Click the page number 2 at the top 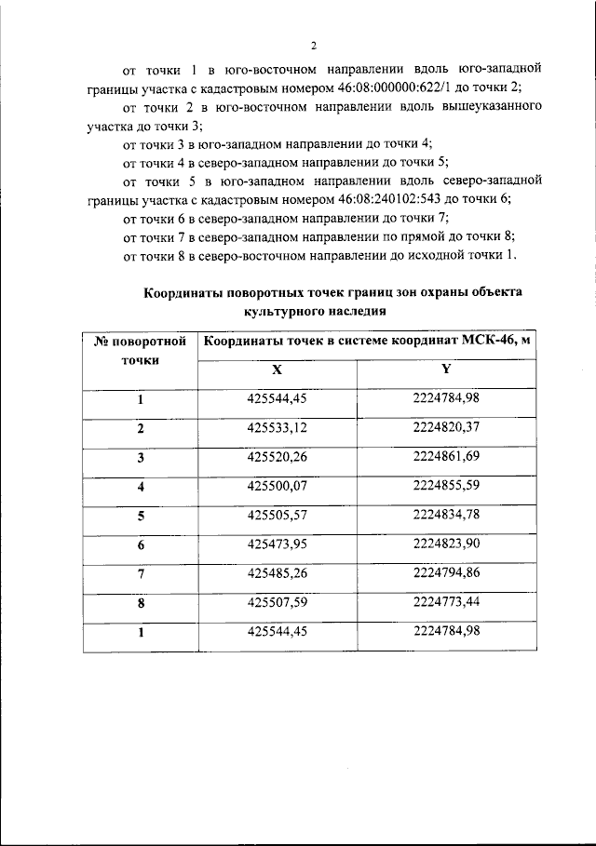[x=314, y=46]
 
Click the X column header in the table [x=277, y=369]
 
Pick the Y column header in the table [x=446, y=369]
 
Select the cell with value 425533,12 [x=277, y=428]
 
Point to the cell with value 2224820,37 [x=446, y=428]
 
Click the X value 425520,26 [x=277, y=457]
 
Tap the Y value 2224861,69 [x=446, y=457]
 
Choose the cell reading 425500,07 [x=277, y=486]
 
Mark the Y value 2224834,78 [x=446, y=515]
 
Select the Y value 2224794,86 [x=446, y=572]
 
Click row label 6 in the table [x=141, y=544]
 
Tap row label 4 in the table [x=141, y=487]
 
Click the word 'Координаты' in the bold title [x=183, y=292]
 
